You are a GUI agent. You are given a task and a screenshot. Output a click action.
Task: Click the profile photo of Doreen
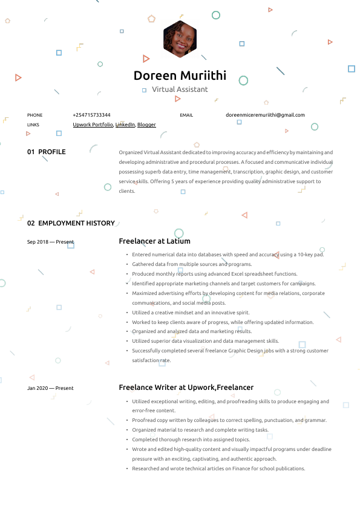180,38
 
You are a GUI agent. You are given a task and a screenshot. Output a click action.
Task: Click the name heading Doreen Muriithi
180,76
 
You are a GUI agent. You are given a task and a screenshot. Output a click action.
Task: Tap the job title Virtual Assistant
180,89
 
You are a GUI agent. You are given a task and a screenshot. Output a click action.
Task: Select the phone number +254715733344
91,115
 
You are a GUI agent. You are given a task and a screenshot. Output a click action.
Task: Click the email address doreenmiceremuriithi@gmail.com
265,115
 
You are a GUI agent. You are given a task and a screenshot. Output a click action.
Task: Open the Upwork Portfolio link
93,125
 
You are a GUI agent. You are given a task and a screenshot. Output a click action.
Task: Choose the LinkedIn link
125,125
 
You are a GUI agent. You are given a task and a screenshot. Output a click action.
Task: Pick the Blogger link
146,125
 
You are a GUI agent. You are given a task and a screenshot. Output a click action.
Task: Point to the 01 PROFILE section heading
47,152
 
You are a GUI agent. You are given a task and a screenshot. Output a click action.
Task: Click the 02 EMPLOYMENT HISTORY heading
71,223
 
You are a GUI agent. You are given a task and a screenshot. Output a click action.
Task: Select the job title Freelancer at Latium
154,241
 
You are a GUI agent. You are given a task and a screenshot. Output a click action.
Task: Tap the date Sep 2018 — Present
50,242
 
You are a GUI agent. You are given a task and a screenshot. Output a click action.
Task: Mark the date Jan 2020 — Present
50,388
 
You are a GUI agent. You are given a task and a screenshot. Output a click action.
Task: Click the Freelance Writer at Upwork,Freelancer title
186,387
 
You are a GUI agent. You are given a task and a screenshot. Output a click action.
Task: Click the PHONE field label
35,115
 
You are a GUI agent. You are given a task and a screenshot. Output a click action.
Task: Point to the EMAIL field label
186,115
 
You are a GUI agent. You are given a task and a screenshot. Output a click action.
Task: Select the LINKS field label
33,125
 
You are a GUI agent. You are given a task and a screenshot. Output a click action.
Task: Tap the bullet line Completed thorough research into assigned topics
191,439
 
